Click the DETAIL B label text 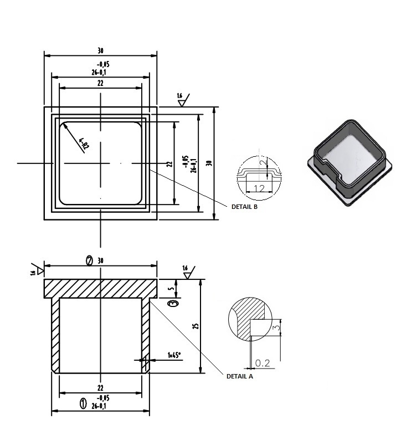(244, 206)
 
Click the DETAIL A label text (239, 376)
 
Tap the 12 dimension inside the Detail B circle (258, 188)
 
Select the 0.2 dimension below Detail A (262, 363)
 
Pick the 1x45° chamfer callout (175, 355)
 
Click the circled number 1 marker (84, 403)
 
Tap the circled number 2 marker (89, 260)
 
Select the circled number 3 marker (173, 304)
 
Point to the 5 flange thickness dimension (173, 288)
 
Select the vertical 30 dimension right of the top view (208, 163)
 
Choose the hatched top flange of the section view (100, 288)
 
